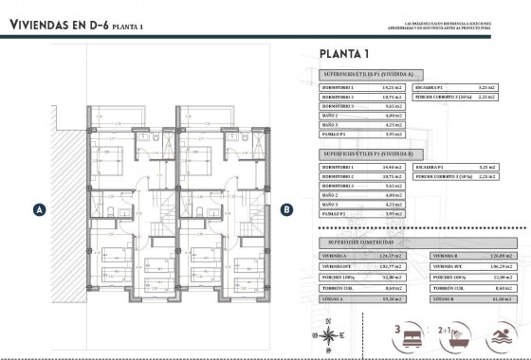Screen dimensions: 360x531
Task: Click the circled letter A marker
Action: point(38,208)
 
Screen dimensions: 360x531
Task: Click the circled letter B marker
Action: point(286,208)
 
